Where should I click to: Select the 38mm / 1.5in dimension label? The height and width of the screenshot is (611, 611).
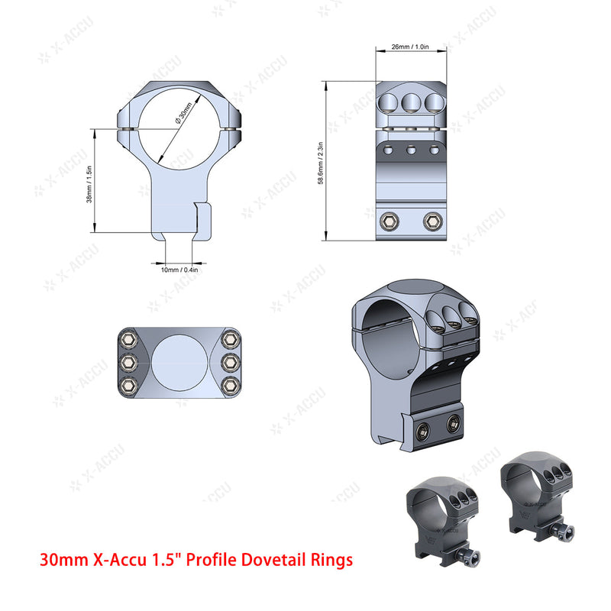pos(89,183)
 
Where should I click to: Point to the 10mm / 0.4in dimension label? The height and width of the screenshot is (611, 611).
pos(179,270)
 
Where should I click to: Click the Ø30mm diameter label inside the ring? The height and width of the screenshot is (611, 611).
pos(184,119)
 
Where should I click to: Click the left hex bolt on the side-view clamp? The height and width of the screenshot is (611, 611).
pos(388,221)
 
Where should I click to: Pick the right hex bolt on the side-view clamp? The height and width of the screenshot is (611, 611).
pos(431,221)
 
